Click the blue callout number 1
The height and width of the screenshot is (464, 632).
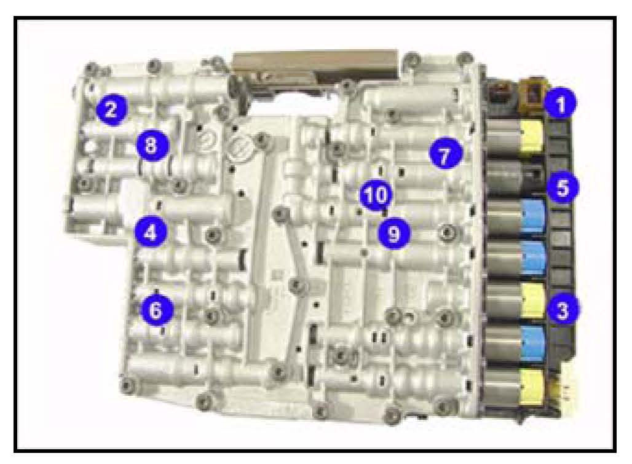click(560, 103)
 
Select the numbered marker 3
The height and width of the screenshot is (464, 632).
click(563, 309)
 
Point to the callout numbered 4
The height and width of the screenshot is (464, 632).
click(151, 232)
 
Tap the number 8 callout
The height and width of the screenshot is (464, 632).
click(152, 144)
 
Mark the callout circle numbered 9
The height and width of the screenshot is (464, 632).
click(394, 233)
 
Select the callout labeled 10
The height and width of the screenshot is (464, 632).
click(376, 195)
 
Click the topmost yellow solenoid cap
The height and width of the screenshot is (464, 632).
click(532, 136)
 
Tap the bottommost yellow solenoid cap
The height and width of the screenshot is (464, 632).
click(532, 387)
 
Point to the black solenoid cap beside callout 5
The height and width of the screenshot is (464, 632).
click(534, 177)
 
